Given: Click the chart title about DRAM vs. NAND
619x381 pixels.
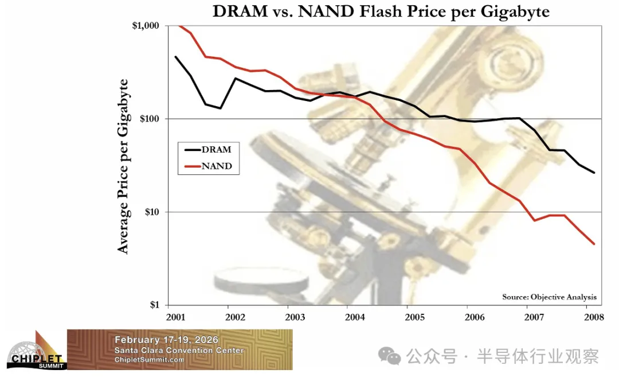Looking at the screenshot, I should pos(381,11).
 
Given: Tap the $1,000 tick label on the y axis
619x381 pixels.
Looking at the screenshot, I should pos(146,26).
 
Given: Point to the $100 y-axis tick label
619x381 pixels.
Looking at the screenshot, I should pos(149,119).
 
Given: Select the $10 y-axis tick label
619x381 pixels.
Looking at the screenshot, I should pos(151,212).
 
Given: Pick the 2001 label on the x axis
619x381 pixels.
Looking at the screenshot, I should pos(175,317).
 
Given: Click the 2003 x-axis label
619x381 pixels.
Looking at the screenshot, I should pos(296,317).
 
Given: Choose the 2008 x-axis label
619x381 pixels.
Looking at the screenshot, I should pos(594,317).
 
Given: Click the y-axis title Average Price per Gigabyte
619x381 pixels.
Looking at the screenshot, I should pos(123,166).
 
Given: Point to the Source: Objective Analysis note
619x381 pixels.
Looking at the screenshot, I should pos(549,297).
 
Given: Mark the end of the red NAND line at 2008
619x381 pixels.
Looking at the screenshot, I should pos(594,244).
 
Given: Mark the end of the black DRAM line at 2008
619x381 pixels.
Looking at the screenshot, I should pos(594,173).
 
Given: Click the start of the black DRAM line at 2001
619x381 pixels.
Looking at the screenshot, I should pos(175,57).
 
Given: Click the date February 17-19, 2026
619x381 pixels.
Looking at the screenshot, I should pos(166,340).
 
